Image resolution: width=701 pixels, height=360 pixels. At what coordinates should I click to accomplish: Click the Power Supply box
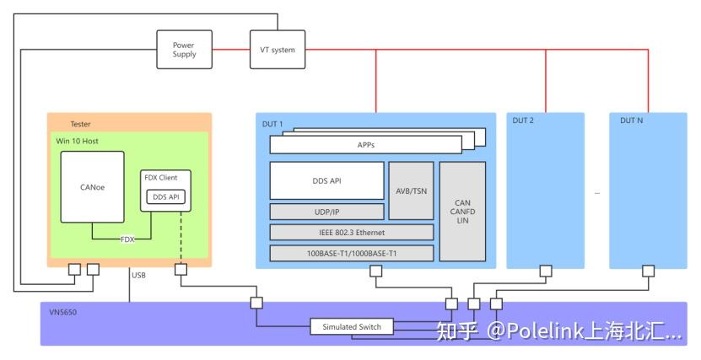pyautogui.click(x=184, y=50)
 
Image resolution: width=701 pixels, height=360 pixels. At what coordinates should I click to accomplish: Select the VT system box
pyautogui.click(x=277, y=50)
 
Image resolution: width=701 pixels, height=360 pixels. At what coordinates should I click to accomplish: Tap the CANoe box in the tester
pyautogui.click(x=92, y=187)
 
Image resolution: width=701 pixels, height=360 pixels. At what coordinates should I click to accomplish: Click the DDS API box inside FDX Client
pyautogui.click(x=164, y=197)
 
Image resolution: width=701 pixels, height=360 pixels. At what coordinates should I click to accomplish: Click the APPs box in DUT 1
pyautogui.click(x=365, y=145)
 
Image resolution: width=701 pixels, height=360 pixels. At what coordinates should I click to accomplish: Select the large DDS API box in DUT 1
pyautogui.click(x=326, y=180)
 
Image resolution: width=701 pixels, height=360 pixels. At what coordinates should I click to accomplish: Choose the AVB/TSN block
pyautogui.click(x=411, y=191)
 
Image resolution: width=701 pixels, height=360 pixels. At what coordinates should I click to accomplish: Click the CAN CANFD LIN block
pyautogui.click(x=462, y=211)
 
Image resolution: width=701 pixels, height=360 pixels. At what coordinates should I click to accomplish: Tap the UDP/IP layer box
pyautogui.click(x=326, y=212)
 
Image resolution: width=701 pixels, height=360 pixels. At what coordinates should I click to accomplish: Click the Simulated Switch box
pyautogui.click(x=352, y=327)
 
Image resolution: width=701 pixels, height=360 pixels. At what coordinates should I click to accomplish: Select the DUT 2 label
pyautogui.click(x=524, y=121)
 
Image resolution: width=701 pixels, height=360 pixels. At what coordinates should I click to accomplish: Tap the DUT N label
pyautogui.click(x=632, y=121)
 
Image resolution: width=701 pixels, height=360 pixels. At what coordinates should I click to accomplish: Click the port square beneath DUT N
pyautogui.click(x=648, y=271)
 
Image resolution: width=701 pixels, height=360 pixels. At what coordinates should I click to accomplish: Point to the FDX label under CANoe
pyautogui.click(x=127, y=239)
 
